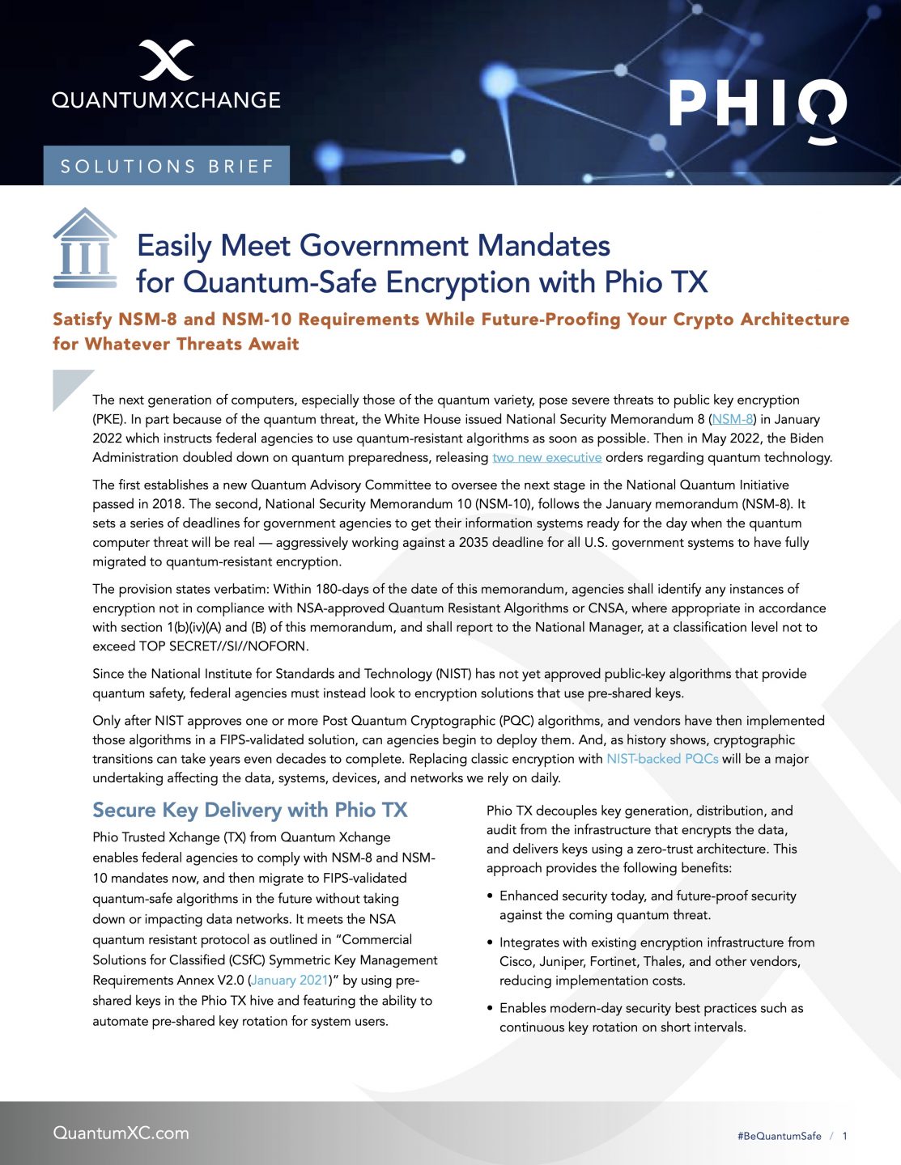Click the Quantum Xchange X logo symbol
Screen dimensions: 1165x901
166,60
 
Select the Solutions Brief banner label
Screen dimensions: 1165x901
167,167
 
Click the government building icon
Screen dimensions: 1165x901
84,248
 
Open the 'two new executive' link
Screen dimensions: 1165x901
547,457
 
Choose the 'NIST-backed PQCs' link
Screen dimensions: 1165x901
662,759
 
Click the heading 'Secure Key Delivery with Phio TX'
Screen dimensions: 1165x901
250,810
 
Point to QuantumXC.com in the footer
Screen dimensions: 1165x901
121,1133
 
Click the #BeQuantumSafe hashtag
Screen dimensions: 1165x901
779,1136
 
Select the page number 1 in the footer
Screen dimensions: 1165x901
844,1136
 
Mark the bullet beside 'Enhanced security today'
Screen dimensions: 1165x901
491,896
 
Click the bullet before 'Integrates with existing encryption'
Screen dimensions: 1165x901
491,943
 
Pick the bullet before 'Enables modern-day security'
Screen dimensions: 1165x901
491,1009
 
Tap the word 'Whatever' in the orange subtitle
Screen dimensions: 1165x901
127,344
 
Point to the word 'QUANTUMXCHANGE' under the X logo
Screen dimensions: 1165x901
166,100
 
